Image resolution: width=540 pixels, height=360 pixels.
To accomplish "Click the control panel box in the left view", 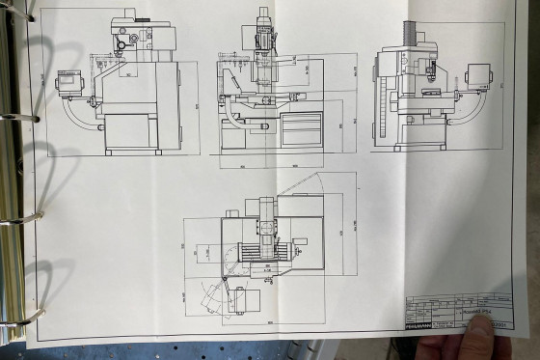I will point(69,82).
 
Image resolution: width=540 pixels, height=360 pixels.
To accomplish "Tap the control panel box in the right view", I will point(478,75).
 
